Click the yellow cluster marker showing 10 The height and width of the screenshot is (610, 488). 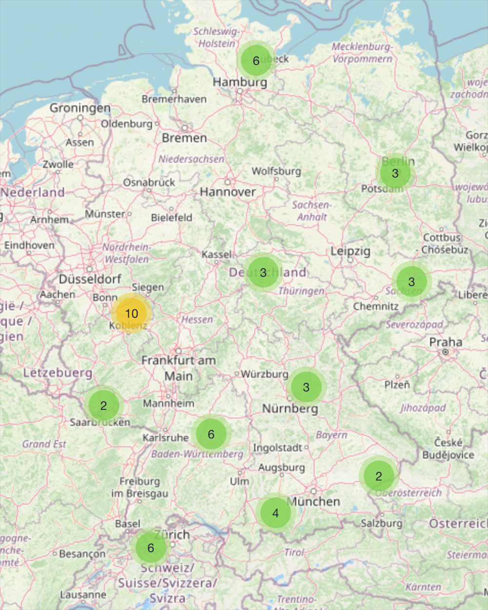tap(131, 313)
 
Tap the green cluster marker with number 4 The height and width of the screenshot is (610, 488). tap(276, 513)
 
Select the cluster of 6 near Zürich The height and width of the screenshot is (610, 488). tap(150, 547)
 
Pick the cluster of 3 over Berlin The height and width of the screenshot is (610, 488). tap(395, 173)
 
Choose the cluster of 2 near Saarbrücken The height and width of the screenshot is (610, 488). tap(103, 405)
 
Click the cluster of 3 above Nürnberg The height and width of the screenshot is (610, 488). tap(306, 387)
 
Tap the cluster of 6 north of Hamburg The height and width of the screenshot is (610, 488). tap(256, 61)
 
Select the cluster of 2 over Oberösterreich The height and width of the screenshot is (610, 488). tap(379, 476)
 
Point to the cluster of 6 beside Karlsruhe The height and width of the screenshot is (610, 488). tap(211, 434)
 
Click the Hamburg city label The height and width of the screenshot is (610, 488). tap(240, 82)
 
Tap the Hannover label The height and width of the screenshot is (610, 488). tap(227, 192)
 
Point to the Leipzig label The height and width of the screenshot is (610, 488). tap(350, 251)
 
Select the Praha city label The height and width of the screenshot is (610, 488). tap(446, 342)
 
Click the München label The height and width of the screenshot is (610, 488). tap(314, 501)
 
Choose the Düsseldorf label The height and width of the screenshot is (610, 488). tap(90, 279)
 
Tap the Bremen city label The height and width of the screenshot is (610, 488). tap(184, 138)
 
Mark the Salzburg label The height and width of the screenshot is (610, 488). tap(382, 523)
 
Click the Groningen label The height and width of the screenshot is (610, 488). tap(80, 107)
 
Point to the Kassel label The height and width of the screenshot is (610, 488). tap(217, 254)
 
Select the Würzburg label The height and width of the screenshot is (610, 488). tap(264, 374)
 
